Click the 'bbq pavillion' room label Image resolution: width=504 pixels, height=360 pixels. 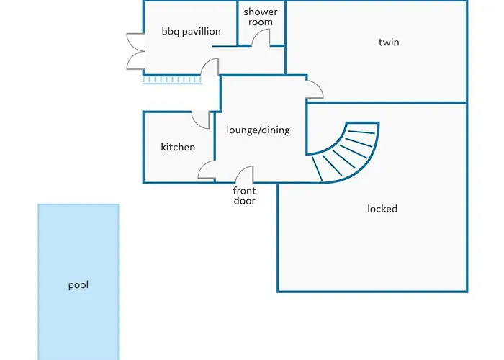[191, 32]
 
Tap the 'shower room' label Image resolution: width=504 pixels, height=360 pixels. [261, 17]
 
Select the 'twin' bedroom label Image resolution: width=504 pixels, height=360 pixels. [389, 42]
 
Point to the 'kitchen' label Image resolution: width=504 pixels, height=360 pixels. [178, 147]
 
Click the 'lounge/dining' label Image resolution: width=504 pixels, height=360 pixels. [258, 130]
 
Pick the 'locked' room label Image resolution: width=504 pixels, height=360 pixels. [382, 209]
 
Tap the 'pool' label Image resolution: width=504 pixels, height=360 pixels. [78, 285]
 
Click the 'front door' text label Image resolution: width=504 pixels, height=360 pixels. [244, 196]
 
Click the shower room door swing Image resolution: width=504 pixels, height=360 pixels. [260, 40]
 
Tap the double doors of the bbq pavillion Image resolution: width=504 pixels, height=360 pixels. [135, 52]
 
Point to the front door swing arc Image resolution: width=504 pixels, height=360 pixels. [245, 175]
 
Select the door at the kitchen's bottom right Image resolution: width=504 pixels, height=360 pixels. [207, 171]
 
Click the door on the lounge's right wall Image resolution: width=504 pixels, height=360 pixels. [314, 90]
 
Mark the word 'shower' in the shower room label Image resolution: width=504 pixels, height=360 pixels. [261, 12]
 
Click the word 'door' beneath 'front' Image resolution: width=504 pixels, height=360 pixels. [244, 201]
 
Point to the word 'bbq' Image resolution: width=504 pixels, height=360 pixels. [171, 32]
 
